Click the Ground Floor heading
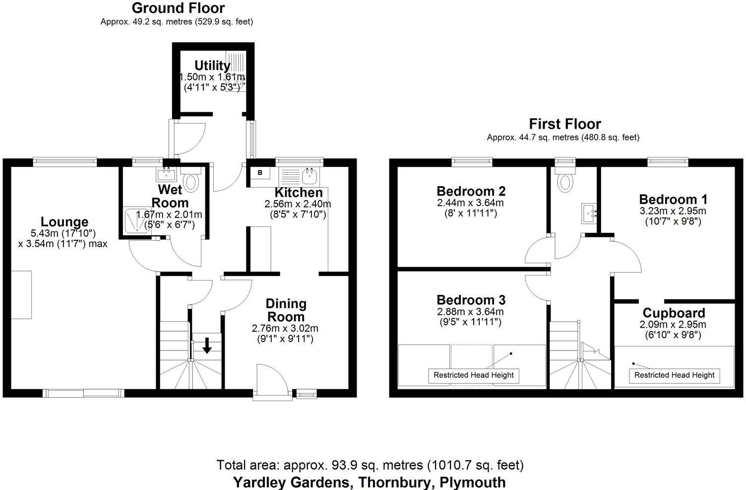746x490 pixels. (x=178, y=8)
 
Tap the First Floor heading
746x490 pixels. (x=564, y=124)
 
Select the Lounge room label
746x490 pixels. (x=64, y=222)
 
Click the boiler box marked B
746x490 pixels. (x=259, y=173)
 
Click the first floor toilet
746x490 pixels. (x=564, y=181)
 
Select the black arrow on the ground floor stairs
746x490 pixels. (x=207, y=345)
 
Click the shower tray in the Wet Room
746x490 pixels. (x=135, y=221)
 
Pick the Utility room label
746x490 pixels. (x=212, y=66)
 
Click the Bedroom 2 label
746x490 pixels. (x=471, y=191)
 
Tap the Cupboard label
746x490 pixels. (x=674, y=313)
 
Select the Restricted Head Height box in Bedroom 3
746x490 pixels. (x=473, y=375)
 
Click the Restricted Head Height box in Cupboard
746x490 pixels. (x=674, y=375)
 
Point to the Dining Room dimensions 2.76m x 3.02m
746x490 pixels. (x=285, y=328)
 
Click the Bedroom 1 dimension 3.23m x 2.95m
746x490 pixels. (x=673, y=211)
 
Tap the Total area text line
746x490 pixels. (x=370, y=466)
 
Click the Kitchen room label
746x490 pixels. (x=299, y=193)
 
